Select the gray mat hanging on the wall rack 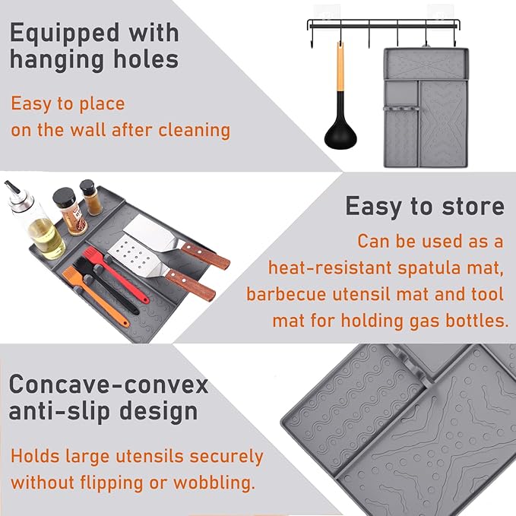426,106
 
